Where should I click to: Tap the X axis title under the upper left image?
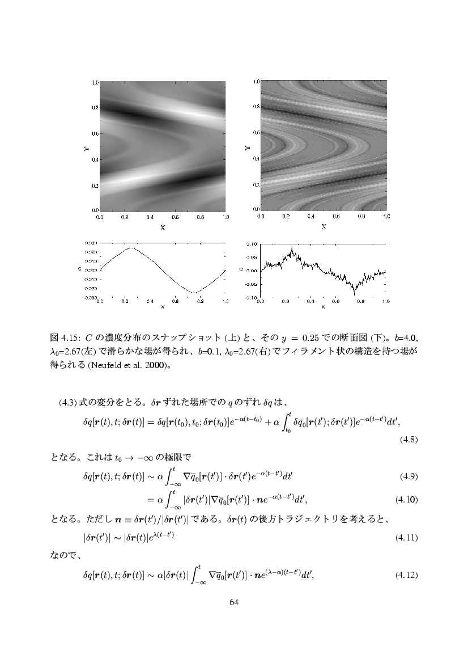tap(163, 228)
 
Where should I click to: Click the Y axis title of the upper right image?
tap(248, 146)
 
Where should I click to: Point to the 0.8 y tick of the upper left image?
tap(95, 107)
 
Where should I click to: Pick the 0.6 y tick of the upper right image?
tap(256, 133)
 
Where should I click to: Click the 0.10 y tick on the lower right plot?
tap(253, 244)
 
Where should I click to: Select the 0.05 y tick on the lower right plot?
tap(253, 257)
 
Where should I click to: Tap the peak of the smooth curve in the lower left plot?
tap(131, 248)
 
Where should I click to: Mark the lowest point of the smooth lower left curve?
tap(194, 293)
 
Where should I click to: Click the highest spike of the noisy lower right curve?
tap(292, 247)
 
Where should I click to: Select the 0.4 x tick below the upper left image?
tap(150, 217)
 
